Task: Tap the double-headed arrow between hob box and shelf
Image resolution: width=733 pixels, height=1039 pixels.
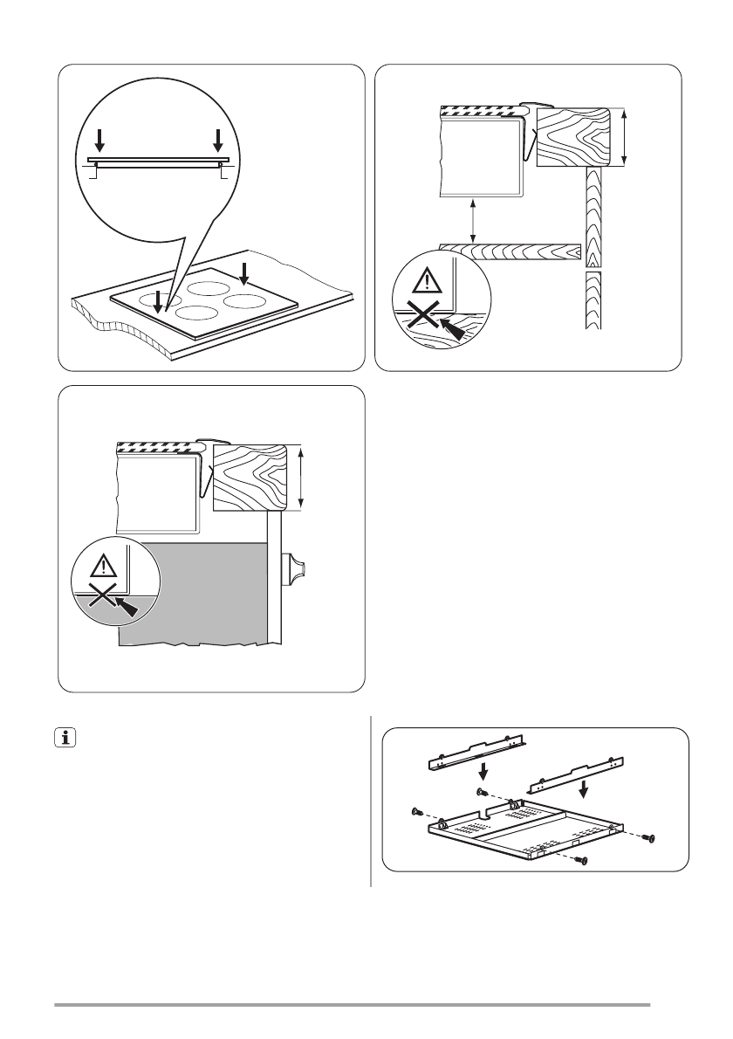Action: click(473, 220)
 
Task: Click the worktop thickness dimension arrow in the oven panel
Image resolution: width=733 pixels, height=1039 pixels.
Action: click(300, 477)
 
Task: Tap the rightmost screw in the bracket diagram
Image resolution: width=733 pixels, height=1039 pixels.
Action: click(648, 838)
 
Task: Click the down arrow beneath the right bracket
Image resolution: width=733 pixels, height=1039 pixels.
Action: click(586, 788)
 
